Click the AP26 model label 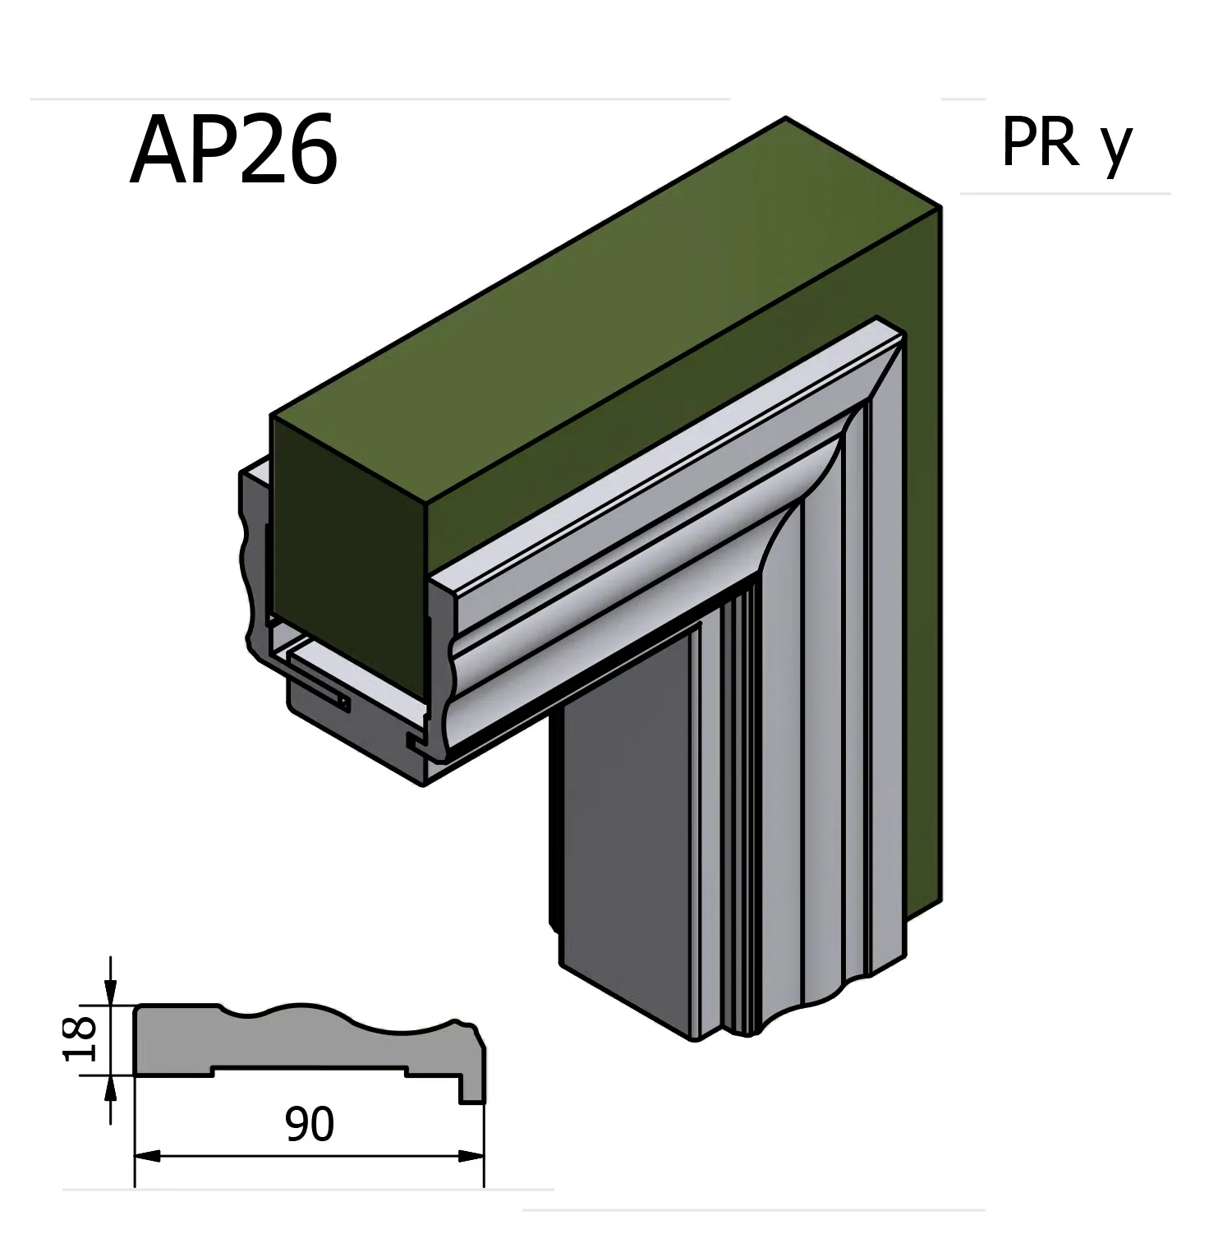click(x=233, y=150)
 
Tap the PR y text click(x=1066, y=144)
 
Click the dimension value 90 click(x=310, y=1125)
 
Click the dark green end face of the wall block click(x=349, y=559)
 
